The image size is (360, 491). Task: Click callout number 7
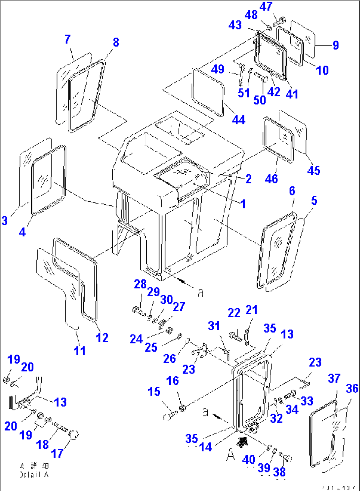(67, 39)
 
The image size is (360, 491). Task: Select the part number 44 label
(238, 120)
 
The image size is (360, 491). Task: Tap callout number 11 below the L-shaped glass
(80, 351)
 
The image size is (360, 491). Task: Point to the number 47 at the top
(266, 6)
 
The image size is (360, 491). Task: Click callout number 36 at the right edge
(352, 389)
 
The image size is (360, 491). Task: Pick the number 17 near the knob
(57, 453)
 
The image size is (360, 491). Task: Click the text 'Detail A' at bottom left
(34, 474)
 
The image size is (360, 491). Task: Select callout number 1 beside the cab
(243, 204)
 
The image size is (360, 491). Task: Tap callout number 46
(271, 179)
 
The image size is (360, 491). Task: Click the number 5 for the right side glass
(314, 200)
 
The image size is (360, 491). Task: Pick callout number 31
(214, 326)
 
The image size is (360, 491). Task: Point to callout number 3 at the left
(4, 220)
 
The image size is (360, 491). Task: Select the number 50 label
(259, 100)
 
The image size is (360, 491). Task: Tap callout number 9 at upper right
(336, 45)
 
